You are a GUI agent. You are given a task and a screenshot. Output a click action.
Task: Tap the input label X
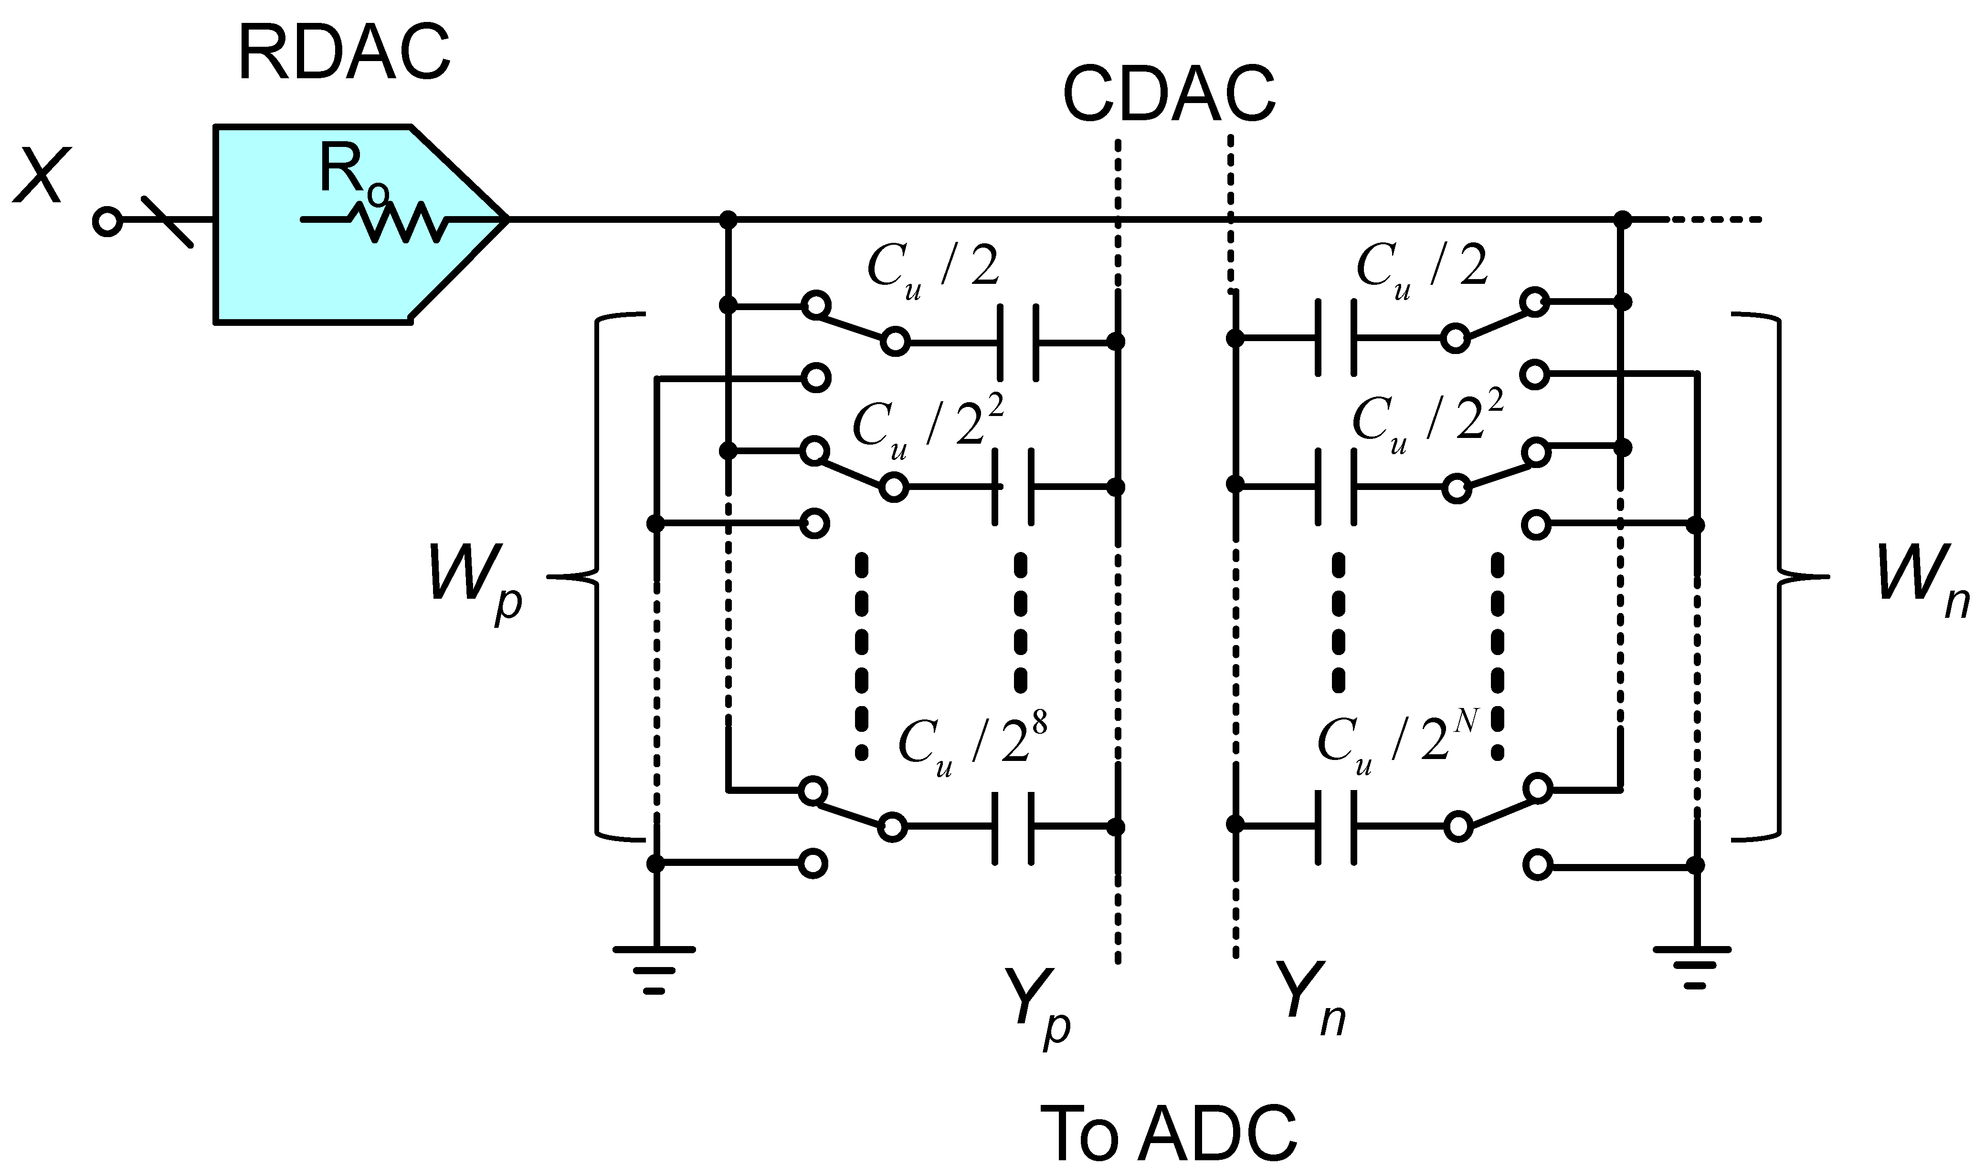[x=37, y=176]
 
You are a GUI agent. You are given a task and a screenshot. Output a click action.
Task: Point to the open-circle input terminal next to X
[x=106, y=221]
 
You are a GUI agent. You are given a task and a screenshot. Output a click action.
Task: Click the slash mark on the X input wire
[x=167, y=221]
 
